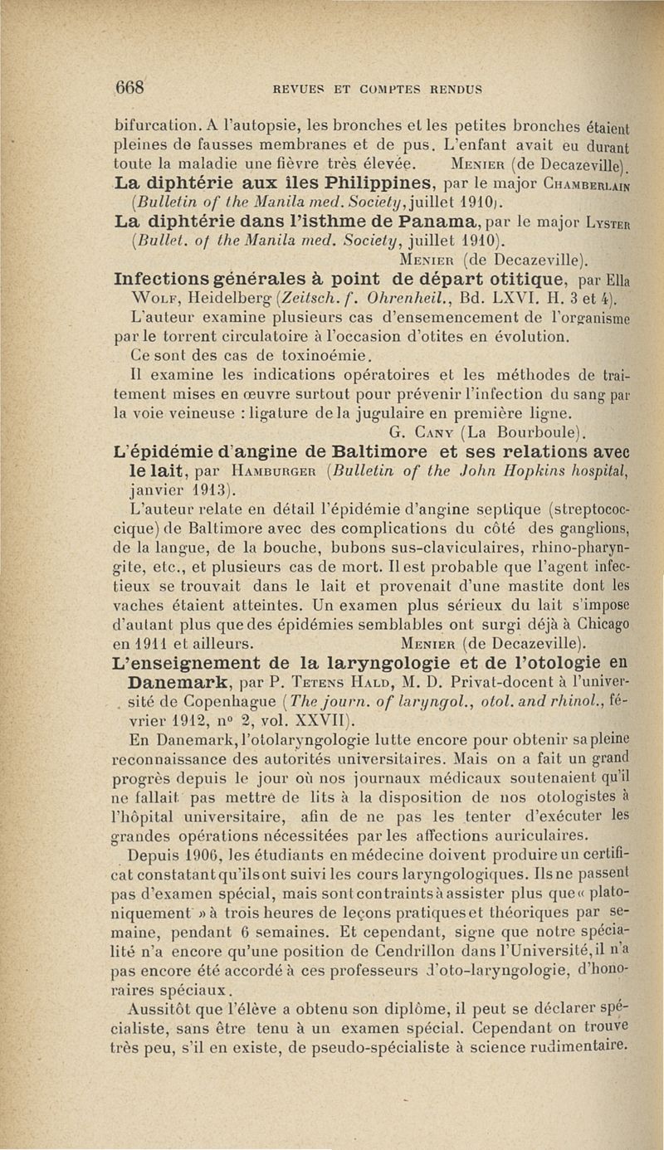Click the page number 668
[130, 86]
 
